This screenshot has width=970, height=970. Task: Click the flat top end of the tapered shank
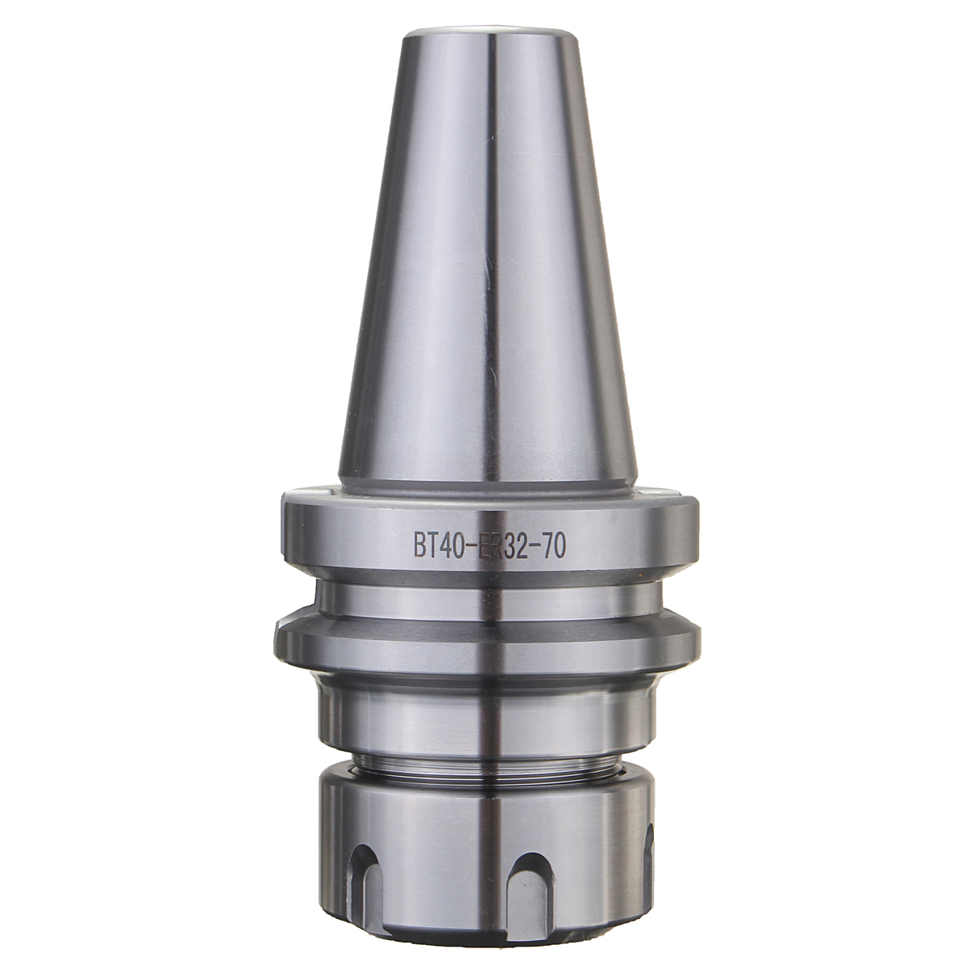484,34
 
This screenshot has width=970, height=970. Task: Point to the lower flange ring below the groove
484,647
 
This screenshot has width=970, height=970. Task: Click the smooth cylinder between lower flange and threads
484,715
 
